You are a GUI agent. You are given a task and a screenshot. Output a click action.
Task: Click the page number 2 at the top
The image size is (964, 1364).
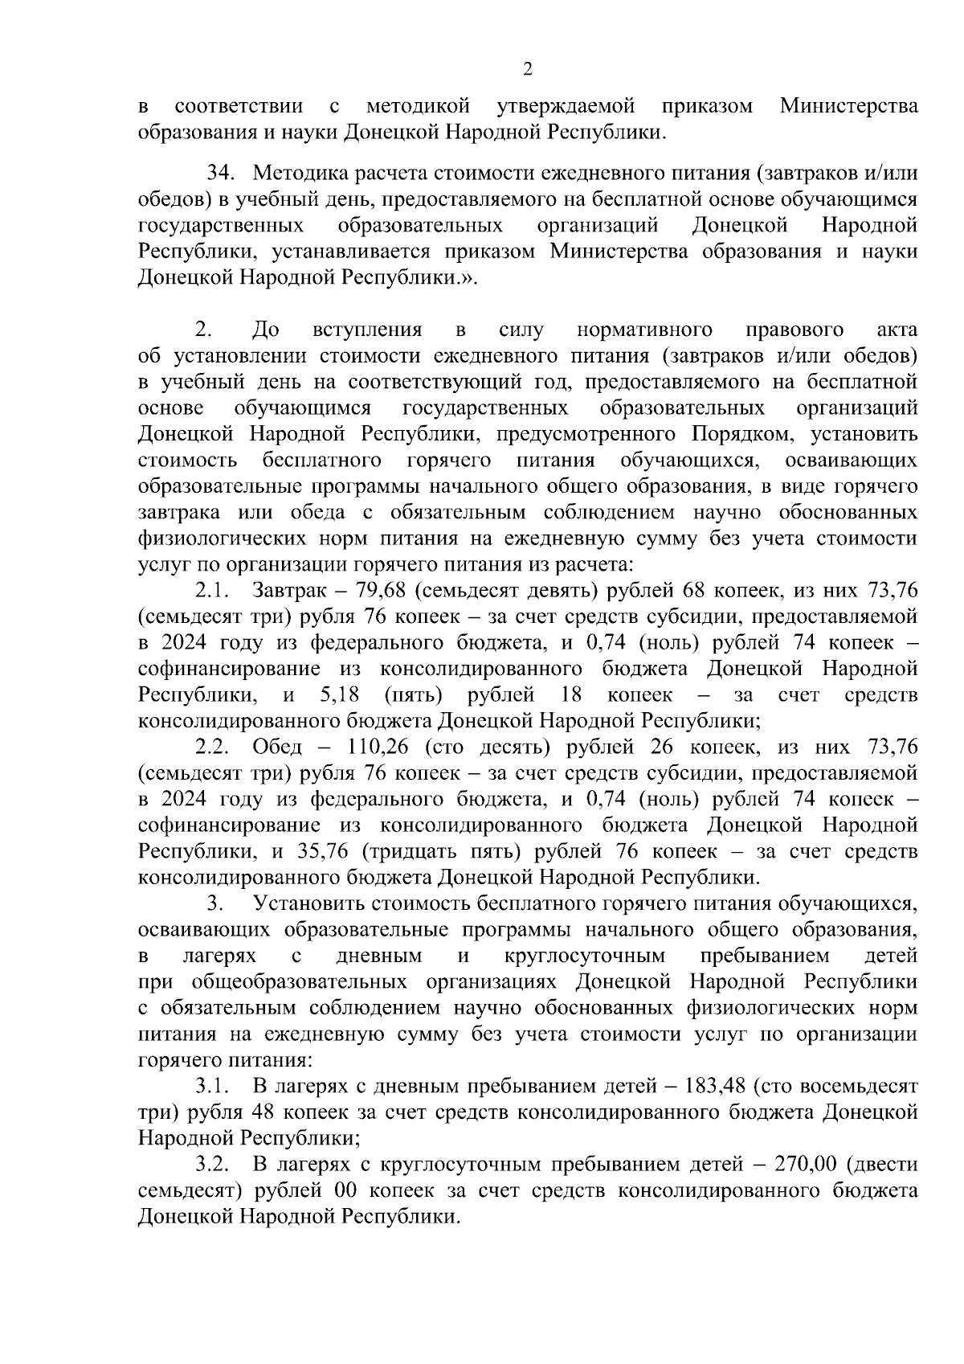528,70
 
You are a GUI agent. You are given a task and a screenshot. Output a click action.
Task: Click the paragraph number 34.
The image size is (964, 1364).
221,173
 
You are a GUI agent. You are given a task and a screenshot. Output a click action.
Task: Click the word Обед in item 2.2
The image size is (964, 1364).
277,747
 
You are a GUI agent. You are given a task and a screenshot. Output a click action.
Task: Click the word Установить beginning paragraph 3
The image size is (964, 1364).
309,903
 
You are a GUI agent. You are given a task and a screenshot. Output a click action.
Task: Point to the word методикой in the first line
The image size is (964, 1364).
417,106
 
